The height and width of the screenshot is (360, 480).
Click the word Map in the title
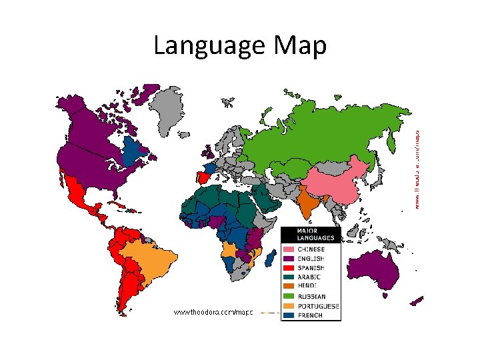(299, 47)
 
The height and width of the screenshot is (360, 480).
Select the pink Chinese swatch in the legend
(287, 249)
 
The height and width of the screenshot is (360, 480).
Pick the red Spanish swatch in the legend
(287, 268)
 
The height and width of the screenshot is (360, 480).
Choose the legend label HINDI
(306, 287)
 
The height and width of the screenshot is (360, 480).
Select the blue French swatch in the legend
(287, 315)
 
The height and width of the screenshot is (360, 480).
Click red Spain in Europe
(201, 178)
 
